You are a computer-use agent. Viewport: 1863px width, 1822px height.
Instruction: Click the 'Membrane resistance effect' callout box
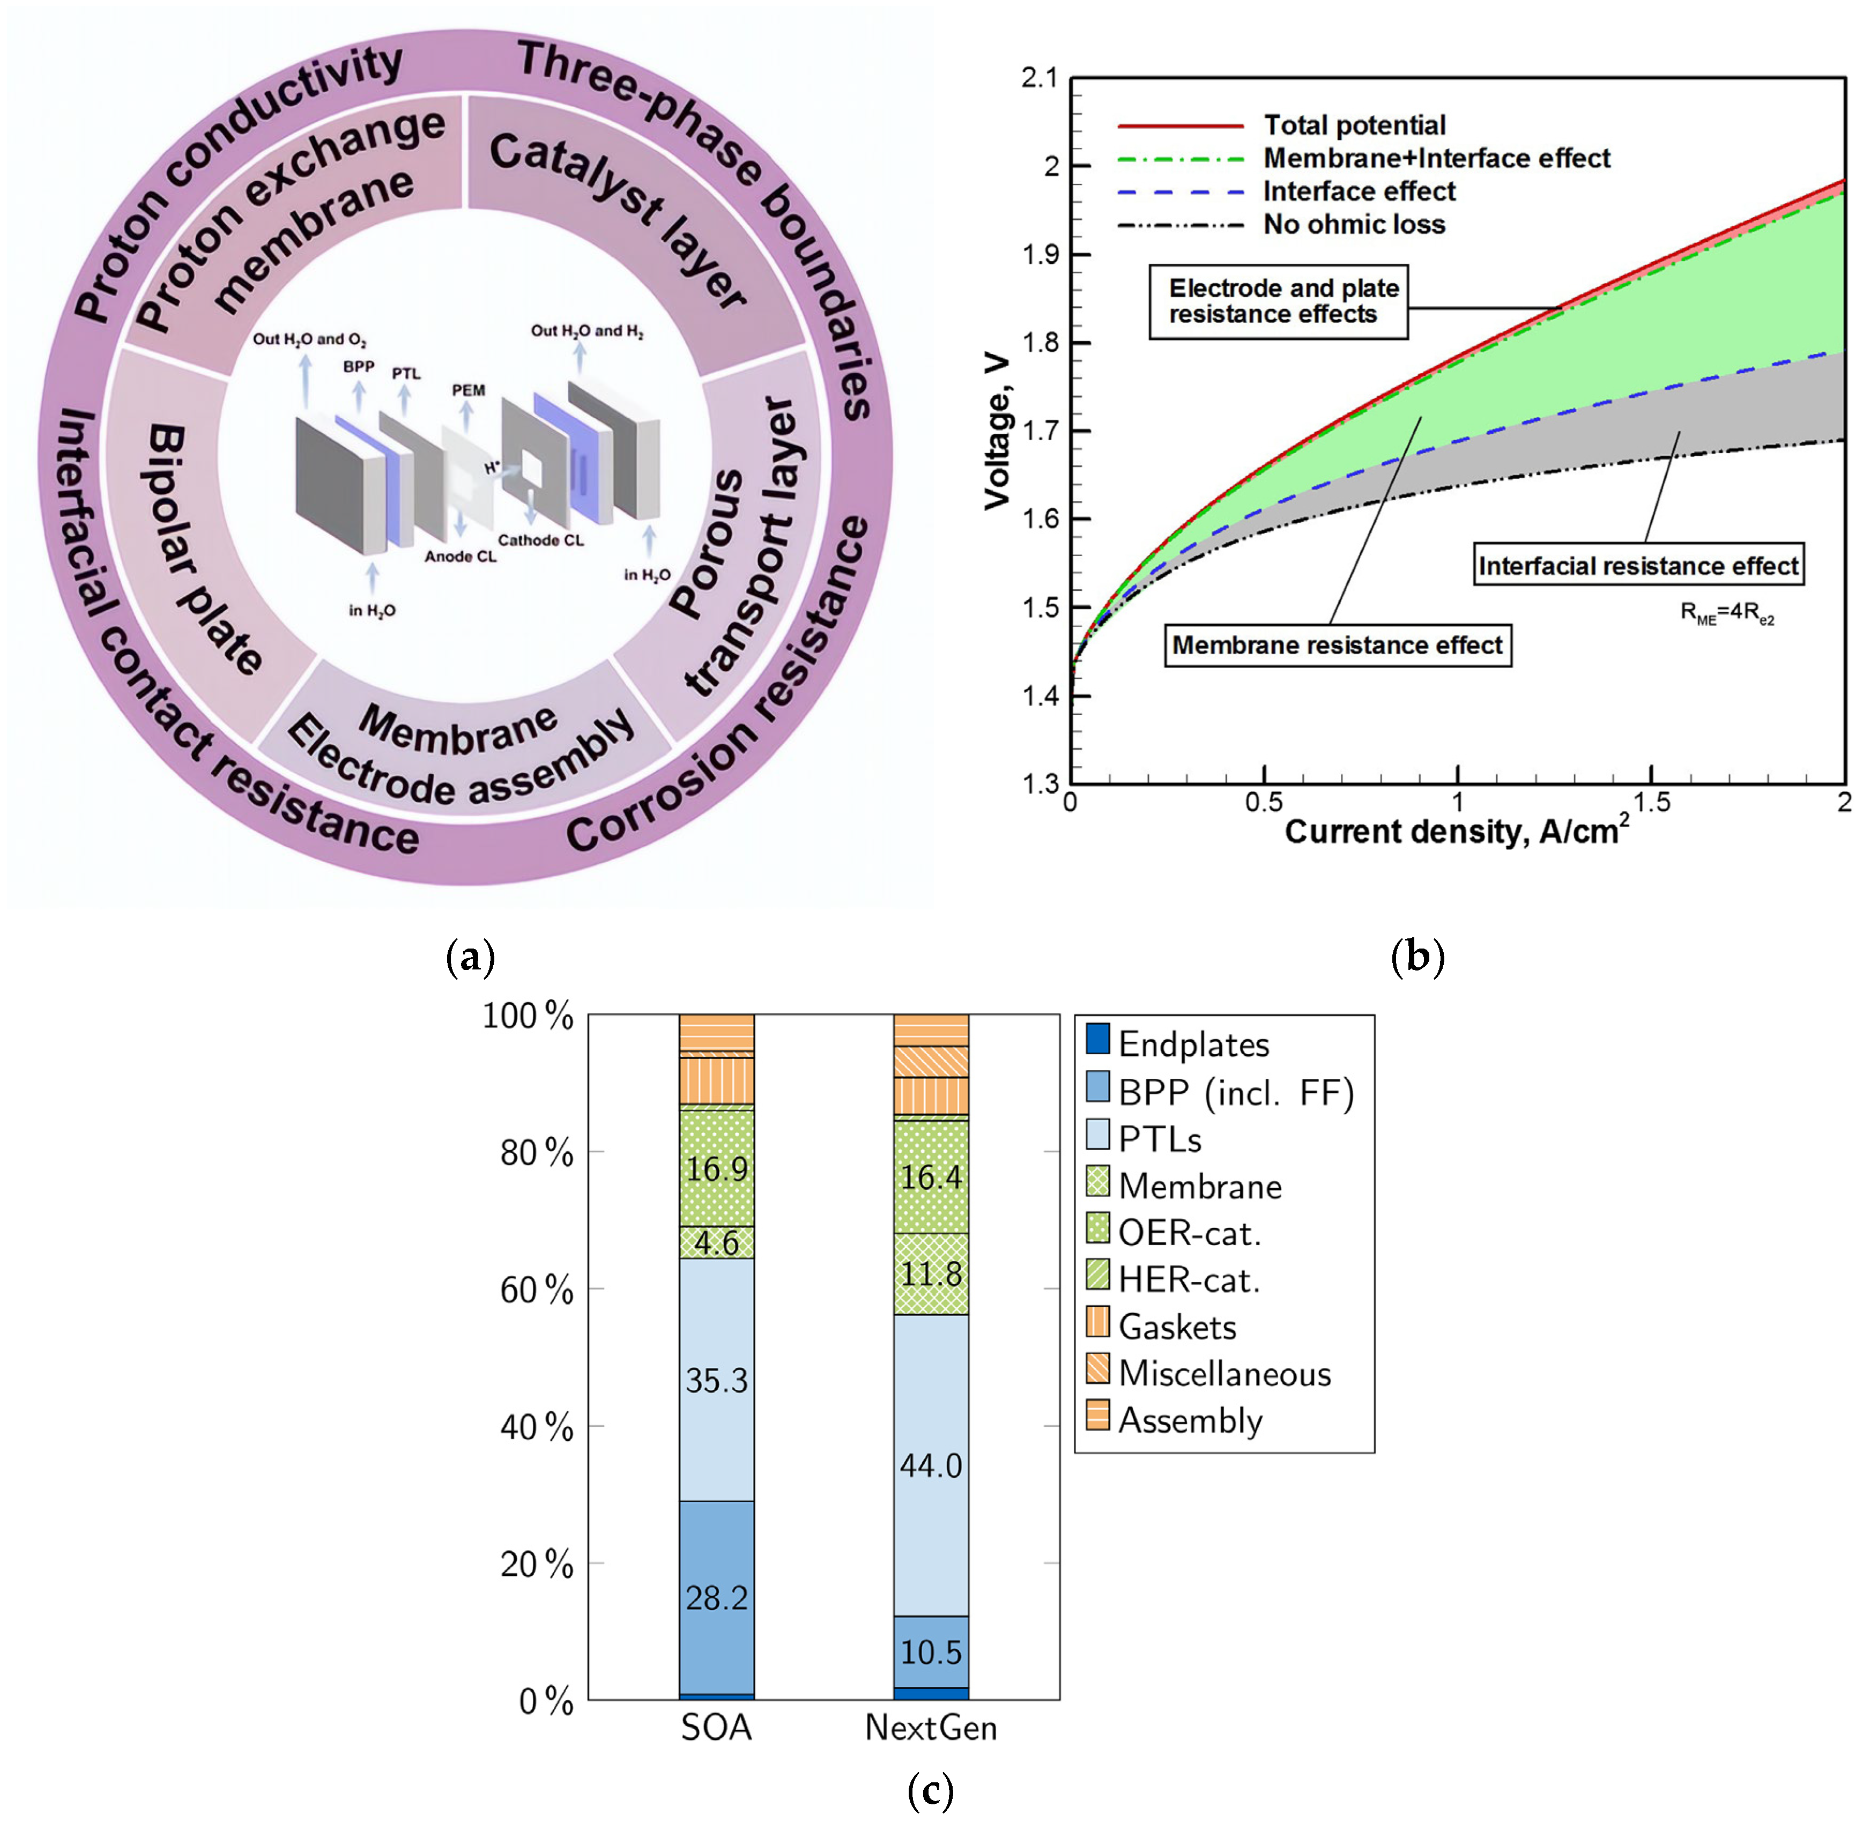(x=1337, y=645)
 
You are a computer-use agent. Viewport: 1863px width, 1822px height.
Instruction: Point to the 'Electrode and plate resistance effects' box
(x=1278, y=301)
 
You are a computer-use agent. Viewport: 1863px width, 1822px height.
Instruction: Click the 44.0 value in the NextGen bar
(x=930, y=1465)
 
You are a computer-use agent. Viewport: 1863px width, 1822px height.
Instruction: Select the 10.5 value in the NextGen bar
(x=930, y=1651)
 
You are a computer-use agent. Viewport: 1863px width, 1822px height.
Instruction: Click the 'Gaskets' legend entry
(x=1176, y=1327)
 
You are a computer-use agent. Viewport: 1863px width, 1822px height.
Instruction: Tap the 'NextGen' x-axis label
(x=930, y=1727)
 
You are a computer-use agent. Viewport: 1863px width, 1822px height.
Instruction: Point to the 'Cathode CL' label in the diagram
(x=540, y=540)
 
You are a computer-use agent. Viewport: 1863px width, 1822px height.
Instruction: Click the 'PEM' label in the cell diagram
(x=469, y=390)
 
